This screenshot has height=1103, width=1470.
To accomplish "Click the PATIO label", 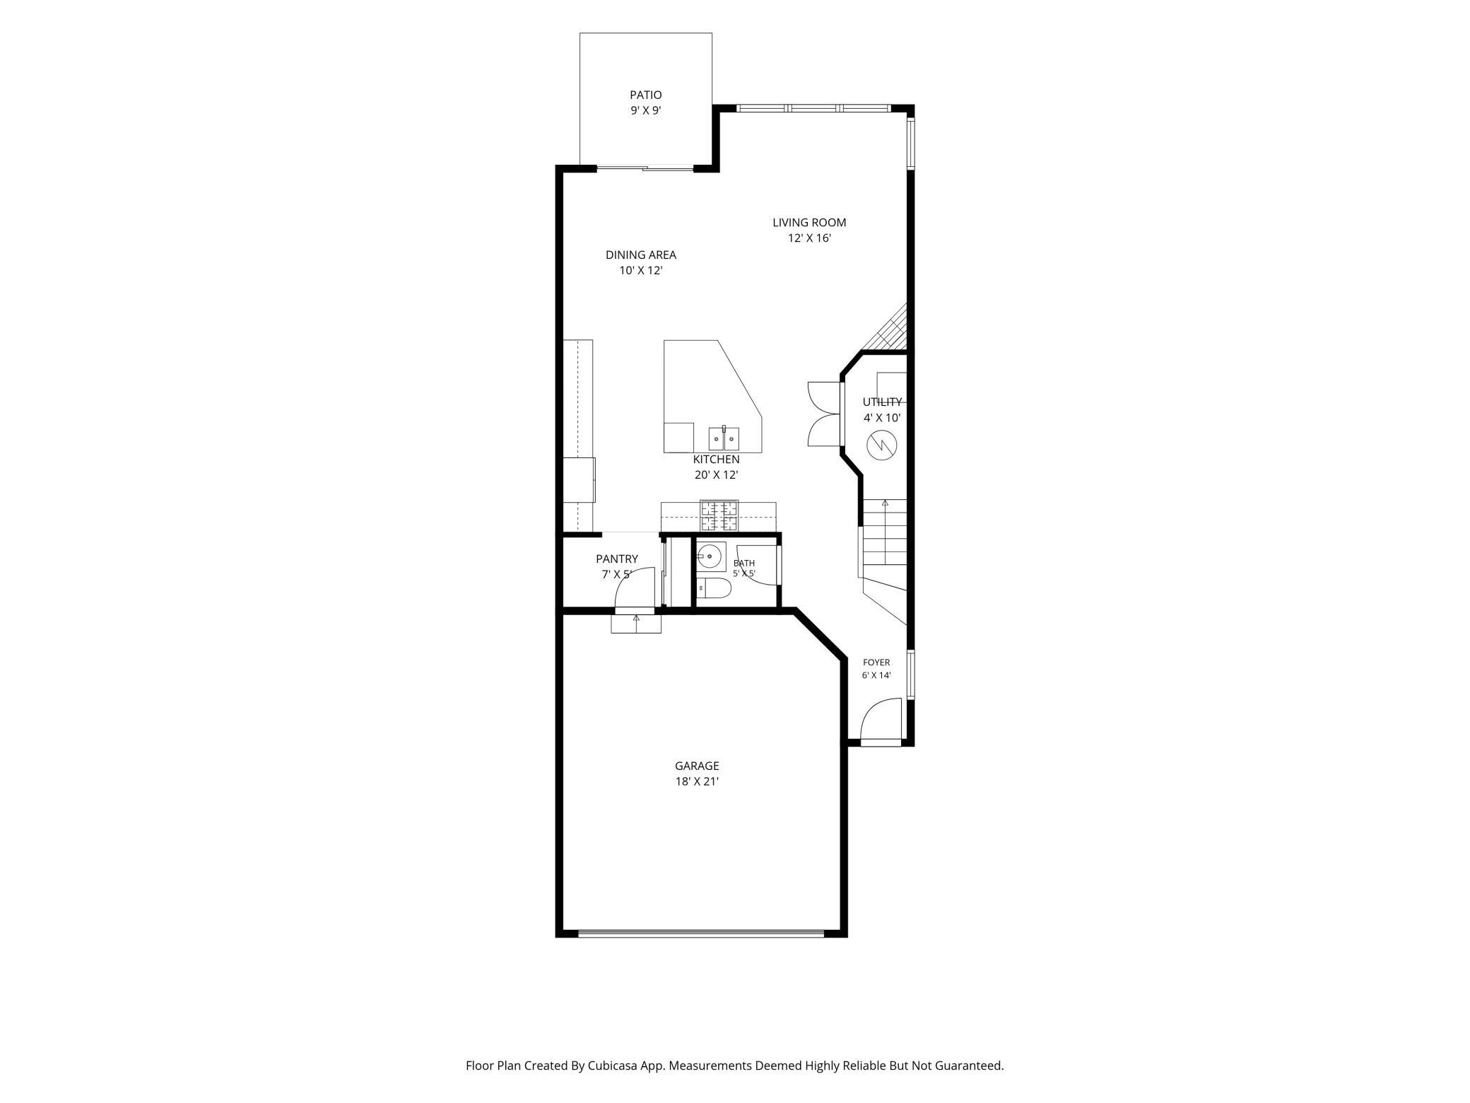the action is pyautogui.click(x=646, y=95).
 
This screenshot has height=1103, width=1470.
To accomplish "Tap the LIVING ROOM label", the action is pyautogui.click(x=809, y=223).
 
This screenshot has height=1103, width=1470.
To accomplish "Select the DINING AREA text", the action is pyautogui.click(x=641, y=255).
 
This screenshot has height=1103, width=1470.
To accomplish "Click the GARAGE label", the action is pyautogui.click(x=697, y=766).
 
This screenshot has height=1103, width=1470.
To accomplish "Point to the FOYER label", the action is pyautogui.click(x=876, y=663).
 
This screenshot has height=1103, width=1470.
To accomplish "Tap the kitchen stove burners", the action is pyautogui.click(x=719, y=515).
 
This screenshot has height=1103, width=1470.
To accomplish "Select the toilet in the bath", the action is pyautogui.click(x=714, y=588).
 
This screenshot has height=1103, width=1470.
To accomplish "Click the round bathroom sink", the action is pyautogui.click(x=710, y=556).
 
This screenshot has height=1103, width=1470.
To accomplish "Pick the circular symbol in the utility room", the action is pyautogui.click(x=881, y=445).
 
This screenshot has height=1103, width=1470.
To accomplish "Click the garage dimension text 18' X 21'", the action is pyautogui.click(x=697, y=781).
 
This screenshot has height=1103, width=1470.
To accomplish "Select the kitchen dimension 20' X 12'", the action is pyautogui.click(x=716, y=475).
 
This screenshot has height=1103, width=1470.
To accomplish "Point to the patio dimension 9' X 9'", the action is pyautogui.click(x=646, y=111).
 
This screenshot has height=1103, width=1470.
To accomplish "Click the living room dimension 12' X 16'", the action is pyautogui.click(x=809, y=238).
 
